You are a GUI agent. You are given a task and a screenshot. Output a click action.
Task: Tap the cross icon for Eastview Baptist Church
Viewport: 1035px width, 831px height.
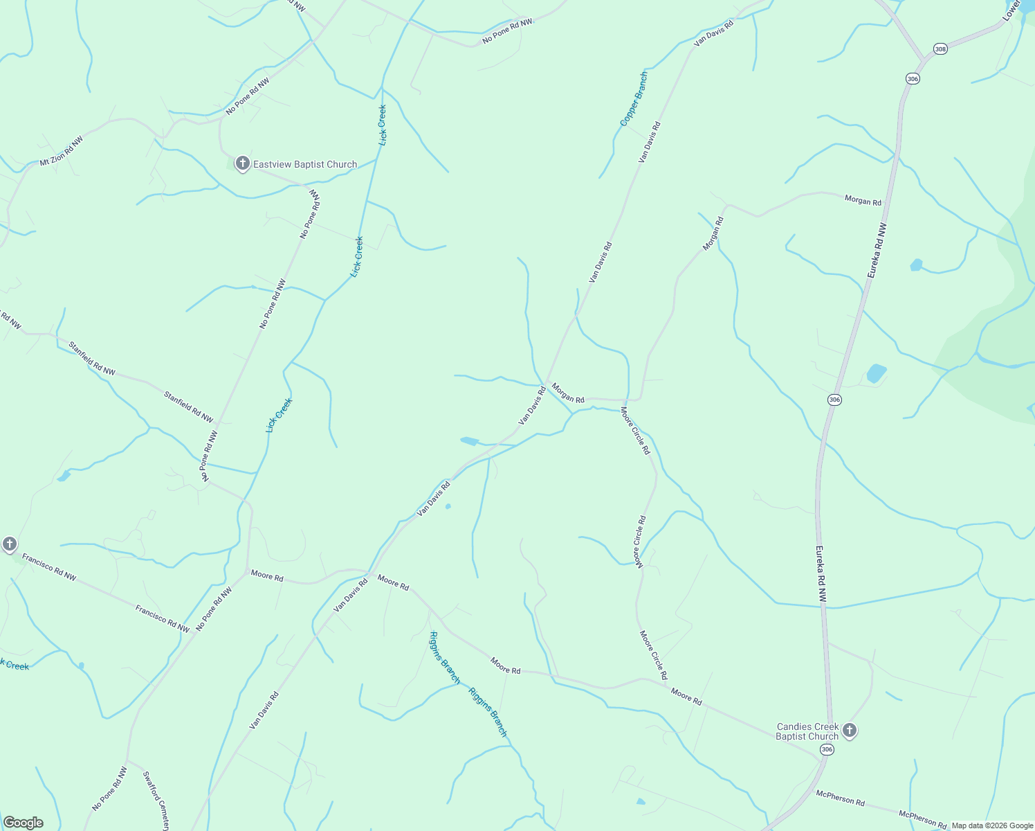click(242, 163)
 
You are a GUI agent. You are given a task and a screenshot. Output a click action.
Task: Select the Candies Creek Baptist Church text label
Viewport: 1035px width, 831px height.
click(807, 731)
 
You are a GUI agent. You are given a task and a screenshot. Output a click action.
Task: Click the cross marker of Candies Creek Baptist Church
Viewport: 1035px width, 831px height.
click(850, 730)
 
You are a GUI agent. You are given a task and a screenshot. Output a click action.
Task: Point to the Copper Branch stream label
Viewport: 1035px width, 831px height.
click(634, 99)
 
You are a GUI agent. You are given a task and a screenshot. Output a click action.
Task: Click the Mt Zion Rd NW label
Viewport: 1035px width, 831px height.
click(61, 151)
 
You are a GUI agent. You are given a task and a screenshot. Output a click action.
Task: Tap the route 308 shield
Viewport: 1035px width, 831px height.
click(940, 49)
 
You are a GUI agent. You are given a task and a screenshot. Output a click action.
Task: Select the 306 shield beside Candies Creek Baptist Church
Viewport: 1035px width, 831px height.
click(826, 750)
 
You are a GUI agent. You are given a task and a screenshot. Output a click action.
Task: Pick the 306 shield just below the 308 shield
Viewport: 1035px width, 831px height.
click(913, 79)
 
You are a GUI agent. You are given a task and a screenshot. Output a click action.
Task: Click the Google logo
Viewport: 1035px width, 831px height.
click(23, 823)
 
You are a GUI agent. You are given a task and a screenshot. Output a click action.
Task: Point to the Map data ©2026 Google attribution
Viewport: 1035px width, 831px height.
click(991, 825)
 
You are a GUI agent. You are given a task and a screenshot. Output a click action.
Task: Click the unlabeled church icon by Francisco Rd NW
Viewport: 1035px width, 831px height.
click(10, 544)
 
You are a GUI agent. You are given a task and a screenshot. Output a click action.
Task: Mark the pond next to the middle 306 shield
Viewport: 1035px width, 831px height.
click(877, 374)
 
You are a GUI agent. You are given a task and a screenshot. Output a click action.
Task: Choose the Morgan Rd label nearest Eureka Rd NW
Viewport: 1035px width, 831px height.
click(863, 202)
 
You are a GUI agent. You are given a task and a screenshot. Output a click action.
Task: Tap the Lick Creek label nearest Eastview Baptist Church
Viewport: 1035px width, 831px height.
click(382, 125)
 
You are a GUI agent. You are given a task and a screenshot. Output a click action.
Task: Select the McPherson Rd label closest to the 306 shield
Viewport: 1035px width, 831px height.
click(840, 798)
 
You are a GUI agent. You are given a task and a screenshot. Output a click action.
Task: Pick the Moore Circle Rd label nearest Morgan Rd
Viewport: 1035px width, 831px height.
click(635, 431)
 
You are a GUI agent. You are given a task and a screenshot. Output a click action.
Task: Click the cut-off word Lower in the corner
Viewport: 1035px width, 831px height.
click(1012, 10)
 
